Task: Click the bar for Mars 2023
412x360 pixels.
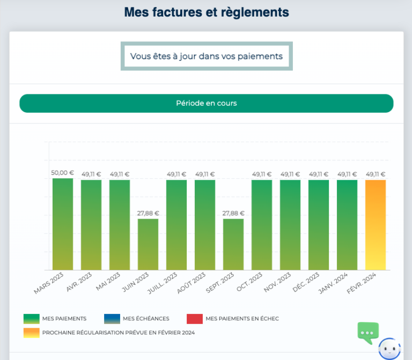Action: click(63, 224)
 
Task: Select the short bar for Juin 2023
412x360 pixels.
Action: click(148, 244)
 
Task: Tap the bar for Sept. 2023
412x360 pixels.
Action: click(233, 244)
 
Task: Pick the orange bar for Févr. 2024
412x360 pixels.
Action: click(376, 225)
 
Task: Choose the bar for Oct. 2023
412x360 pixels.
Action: click(262, 225)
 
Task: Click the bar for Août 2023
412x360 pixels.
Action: click(205, 225)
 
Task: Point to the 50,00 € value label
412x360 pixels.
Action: click(63, 173)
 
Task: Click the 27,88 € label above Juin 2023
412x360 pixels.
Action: click(148, 213)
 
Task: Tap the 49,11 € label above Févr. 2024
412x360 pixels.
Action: click(376, 174)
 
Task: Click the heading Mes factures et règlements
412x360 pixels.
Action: click(207, 12)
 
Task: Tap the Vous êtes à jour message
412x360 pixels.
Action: click(207, 56)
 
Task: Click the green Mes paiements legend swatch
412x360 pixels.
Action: click(31, 319)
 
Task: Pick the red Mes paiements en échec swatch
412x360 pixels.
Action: click(194, 319)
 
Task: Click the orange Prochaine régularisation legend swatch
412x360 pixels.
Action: click(31, 333)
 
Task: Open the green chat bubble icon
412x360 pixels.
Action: click(368, 333)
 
